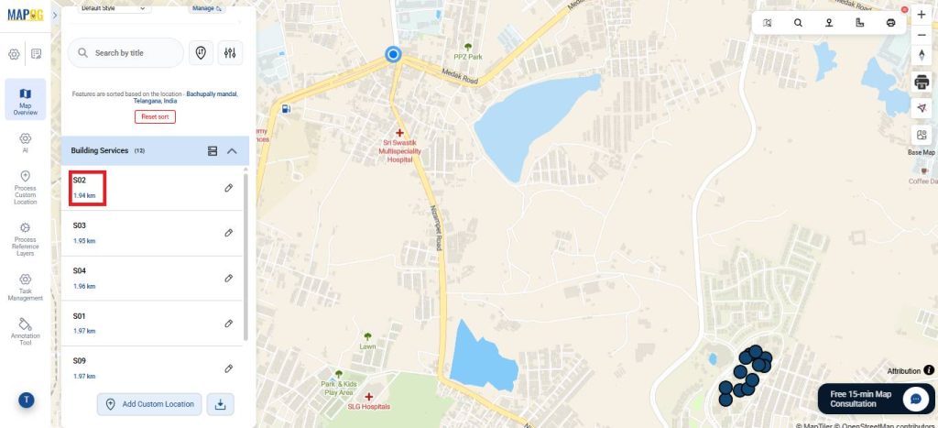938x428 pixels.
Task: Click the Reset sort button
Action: [x=155, y=116]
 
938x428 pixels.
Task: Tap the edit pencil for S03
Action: [x=229, y=233]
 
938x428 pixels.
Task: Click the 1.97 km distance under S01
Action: [x=84, y=331]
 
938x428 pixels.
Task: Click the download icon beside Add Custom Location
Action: [x=221, y=404]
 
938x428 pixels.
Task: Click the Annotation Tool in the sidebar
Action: [x=25, y=330]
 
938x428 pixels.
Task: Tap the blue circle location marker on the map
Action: [x=394, y=55]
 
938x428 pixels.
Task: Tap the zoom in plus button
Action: [x=922, y=15]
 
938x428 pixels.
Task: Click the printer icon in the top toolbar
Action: [x=890, y=23]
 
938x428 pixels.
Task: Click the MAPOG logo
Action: [x=26, y=15]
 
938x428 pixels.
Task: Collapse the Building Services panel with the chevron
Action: [x=232, y=150]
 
